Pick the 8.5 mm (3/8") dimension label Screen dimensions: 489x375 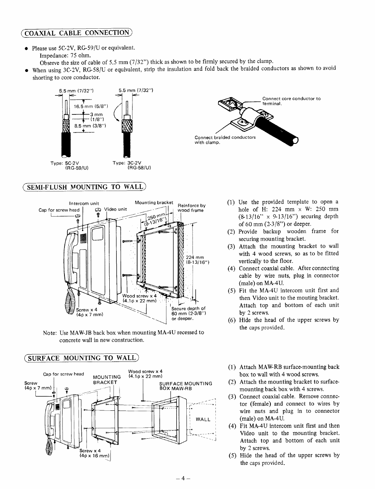90,126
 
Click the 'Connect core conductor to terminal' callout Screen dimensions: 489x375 291,101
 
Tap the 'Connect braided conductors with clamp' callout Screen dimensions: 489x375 225,140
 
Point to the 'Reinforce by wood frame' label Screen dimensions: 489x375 191,208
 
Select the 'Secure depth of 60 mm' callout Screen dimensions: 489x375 188,313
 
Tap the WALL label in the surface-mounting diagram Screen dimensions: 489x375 203,419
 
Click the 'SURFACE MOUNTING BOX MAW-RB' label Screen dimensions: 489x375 185,386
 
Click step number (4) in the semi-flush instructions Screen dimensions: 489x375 231,268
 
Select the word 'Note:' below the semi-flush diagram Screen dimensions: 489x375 50,333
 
